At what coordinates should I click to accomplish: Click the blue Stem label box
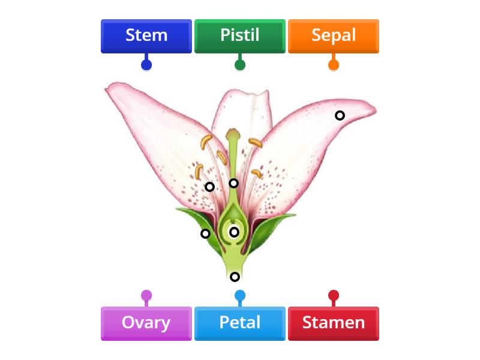tap(146, 36)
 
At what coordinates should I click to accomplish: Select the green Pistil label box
tap(240, 36)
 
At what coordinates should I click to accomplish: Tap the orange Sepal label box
tap(334, 36)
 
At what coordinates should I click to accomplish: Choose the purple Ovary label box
tap(146, 323)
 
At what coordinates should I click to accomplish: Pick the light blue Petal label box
tap(240, 323)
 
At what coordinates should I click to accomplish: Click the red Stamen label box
tap(334, 323)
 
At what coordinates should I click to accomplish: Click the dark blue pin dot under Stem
tap(146, 64)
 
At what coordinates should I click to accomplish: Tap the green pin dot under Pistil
tap(240, 64)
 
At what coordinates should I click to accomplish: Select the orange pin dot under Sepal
tap(334, 64)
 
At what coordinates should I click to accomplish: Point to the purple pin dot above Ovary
tap(146, 295)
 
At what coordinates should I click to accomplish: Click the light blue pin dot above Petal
tap(240, 295)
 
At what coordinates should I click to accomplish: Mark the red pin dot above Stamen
tap(334, 295)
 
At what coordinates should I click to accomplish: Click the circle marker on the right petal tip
tap(340, 115)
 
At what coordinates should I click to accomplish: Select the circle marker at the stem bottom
tap(235, 277)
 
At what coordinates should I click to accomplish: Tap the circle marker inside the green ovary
tap(234, 232)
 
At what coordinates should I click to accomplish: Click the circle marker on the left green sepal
tap(205, 233)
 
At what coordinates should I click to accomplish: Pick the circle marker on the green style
tap(233, 183)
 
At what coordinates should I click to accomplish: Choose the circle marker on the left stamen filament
tap(209, 187)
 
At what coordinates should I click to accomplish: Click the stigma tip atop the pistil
tap(233, 132)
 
